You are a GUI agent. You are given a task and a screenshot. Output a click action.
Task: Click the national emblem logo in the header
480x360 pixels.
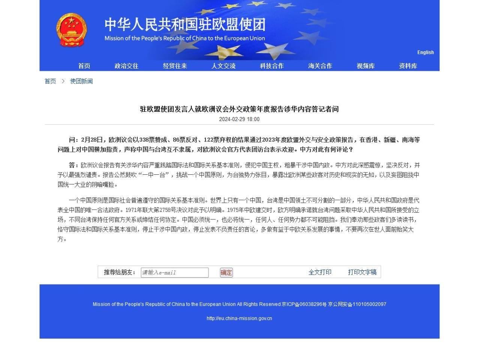pyautogui.click(x=71, y=30)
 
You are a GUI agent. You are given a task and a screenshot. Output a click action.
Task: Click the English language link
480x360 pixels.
pyautogui.click(x=425, y=52)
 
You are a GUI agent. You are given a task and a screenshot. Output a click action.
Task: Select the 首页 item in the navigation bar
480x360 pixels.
pyautogui.click(x=84, y=66)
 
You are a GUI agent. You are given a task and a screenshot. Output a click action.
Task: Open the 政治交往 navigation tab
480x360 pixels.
pyautogui.click(x=126, y=66)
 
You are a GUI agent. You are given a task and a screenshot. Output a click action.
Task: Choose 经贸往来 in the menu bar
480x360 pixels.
pyautogui.click(x=175, y=66)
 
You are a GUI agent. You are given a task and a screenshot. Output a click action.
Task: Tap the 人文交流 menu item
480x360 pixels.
pyautogui.click(x=223, y=66)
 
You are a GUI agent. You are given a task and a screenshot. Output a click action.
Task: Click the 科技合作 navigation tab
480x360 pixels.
pyautogui.click(x=272, y=66)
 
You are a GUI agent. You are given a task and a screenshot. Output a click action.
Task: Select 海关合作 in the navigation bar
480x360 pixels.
pyautogui.click(x=320, y=66)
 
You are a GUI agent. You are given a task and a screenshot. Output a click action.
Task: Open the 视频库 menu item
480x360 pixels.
pyautogui.click(x=366, y=66)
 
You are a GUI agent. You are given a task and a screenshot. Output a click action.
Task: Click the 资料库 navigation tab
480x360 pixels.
pyautogui.click(x=408, y=66)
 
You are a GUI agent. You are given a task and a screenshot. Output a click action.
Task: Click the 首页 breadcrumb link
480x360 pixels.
pyautogui.click(x=50, y=81)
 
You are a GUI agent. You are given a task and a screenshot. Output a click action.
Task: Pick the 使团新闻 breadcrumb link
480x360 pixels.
pyautogui.click(x=81, y=81)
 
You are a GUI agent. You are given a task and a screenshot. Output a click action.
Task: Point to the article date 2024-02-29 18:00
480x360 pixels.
pyautogui.click(x=239, y=119)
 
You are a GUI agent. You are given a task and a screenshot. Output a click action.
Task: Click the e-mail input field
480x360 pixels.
pyautogui.click(x=175, y=273)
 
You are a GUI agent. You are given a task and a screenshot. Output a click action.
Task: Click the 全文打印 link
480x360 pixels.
pyautogui.click(x=320, y=272)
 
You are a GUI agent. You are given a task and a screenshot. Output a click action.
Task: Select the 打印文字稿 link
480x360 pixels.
pyautogui.click(x=362, y=272)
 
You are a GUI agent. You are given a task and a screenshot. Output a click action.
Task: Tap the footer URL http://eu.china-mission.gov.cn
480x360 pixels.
pyautogui.click(x=239, y=318)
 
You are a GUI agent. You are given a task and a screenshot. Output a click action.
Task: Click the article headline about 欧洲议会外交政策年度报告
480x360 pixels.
pyautogui.click(x=239, y=109)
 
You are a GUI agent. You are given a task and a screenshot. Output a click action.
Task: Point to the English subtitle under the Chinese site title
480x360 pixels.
pyautogui.click(x=184, y=38)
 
